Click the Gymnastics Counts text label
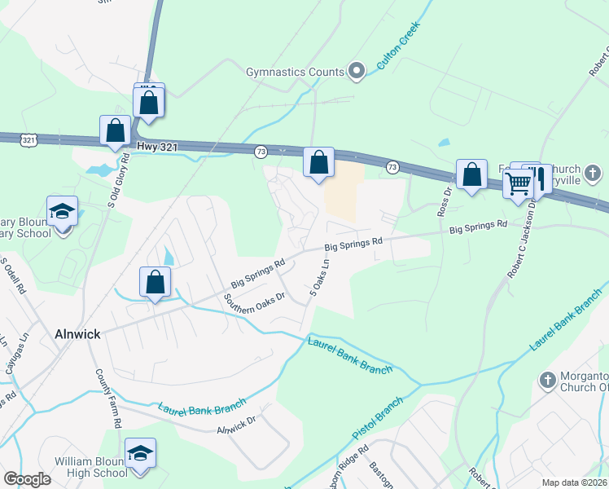(x=296, y=72)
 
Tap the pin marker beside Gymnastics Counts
(x=356, y=72)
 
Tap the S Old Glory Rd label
(x=116, y=181)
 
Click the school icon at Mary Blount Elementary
(x=62, y=212)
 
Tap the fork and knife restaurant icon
(x=538, y=178)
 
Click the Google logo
(x=27, y=479)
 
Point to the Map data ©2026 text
(x=574, y=482)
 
